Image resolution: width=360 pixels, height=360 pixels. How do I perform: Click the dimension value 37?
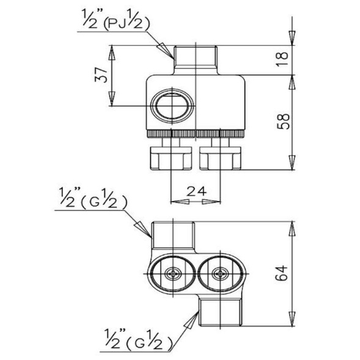tap(101, 75)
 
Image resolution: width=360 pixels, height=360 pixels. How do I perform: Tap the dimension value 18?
tap(282, 59)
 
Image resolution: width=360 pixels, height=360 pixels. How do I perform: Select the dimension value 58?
tap(282, 122)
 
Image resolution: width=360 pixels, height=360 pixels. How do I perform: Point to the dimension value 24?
tap(197, 191)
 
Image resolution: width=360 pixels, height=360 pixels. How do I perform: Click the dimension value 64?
tap(282, 273)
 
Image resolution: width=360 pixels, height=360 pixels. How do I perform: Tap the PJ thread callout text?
tap(116, 20)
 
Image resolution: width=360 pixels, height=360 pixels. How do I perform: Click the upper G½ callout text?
tap(93, 198)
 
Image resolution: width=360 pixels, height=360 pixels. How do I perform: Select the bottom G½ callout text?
tap(139, 340)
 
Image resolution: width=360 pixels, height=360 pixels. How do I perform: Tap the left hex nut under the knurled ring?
tap(171, 158)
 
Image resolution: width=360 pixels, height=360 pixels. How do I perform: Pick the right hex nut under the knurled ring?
tap(221, 158)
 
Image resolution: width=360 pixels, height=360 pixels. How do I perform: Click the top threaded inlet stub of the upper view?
tap(196, 60)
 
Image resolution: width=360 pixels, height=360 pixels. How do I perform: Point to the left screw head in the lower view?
tap(173, 274)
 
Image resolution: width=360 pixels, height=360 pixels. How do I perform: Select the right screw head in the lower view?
tap(220, 274)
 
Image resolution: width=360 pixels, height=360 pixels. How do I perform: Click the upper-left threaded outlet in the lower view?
tap(174, 235)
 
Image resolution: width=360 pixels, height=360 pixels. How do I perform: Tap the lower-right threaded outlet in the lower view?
tap(220, 312)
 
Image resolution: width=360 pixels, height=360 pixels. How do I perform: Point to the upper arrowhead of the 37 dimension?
tap(112, 53)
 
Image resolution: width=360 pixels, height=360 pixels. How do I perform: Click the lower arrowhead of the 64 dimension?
tap(292, 318)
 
